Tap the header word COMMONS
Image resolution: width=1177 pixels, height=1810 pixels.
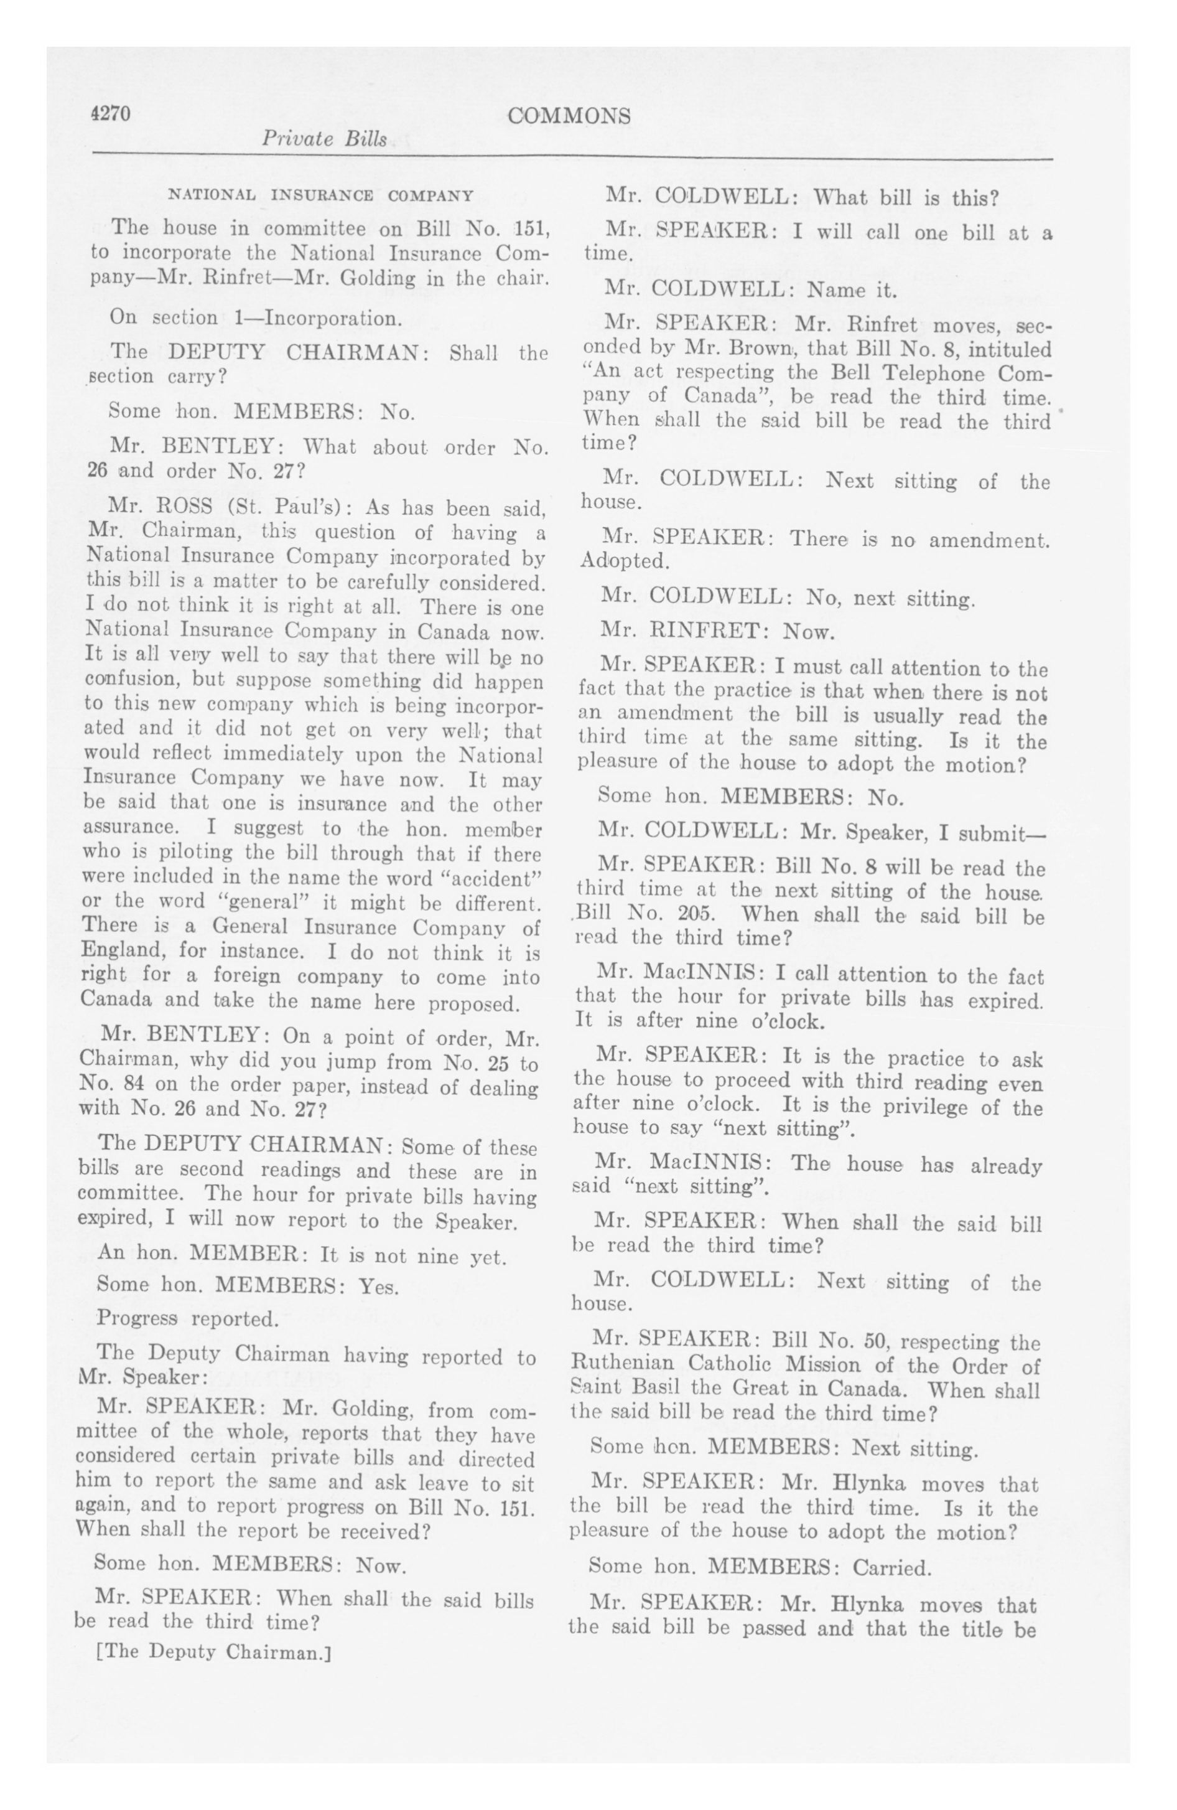pyautogui.click(x=569, y=116)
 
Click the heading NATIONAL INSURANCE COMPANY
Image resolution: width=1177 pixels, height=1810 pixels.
pyautogui.click(x=320, y=195)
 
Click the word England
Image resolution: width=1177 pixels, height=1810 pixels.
pyautogui.click(x=123, y=952)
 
